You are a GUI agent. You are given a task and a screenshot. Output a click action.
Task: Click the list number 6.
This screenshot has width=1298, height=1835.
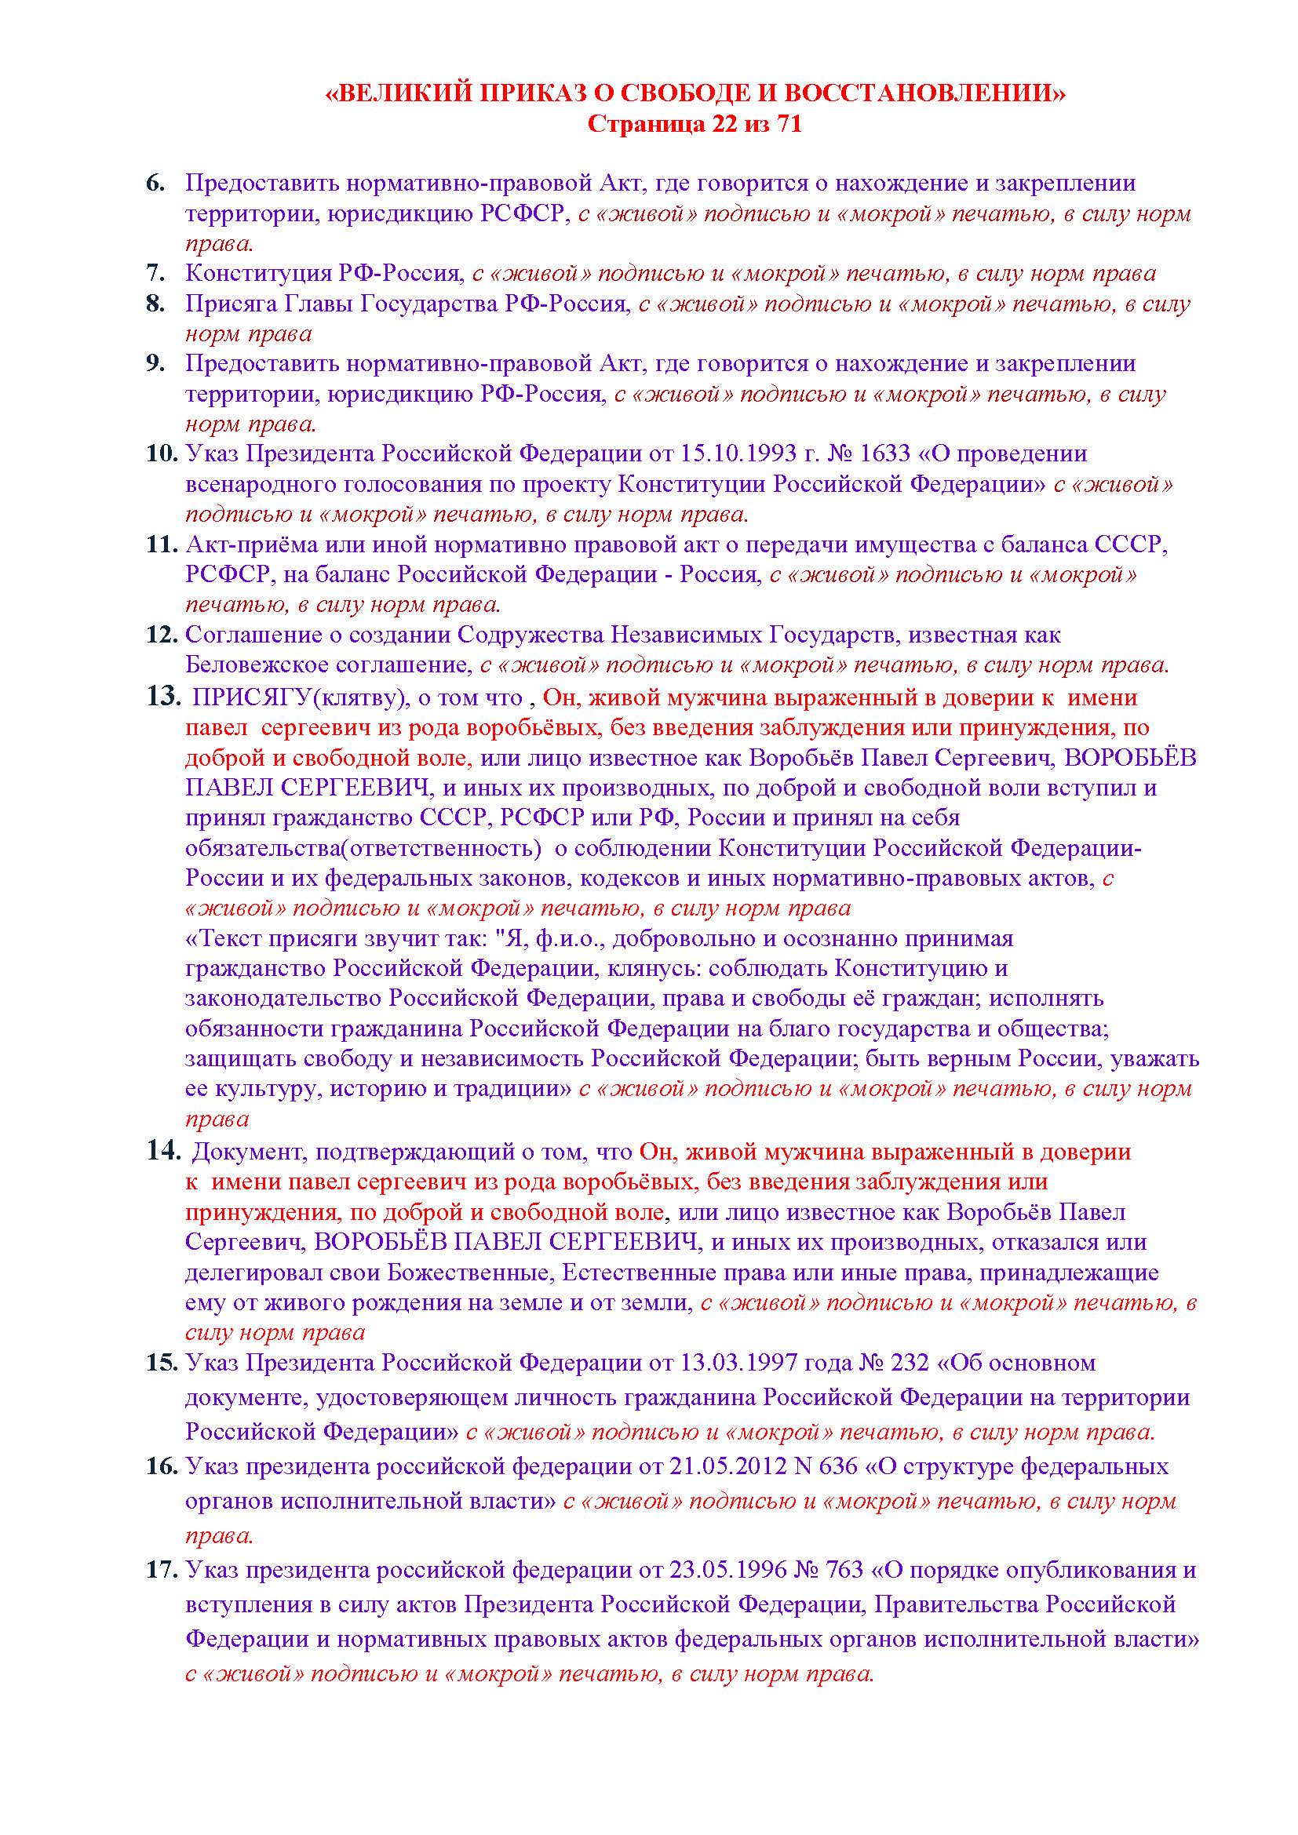155,183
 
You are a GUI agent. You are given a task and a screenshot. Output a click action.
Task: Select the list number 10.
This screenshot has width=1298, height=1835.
161,454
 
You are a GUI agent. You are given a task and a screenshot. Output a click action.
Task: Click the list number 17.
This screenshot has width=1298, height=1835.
161,1570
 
